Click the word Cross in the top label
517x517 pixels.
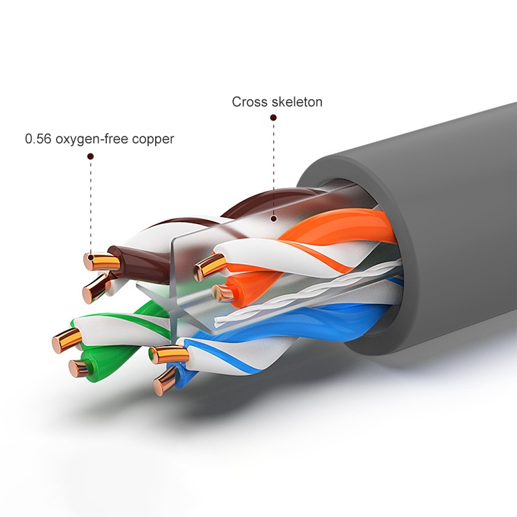click(x=249, y=102)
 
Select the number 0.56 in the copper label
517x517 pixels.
click(x=38, y=139)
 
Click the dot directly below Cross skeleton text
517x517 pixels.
click(x=274, y=117)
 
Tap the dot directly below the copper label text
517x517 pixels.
click(x=90, y=156)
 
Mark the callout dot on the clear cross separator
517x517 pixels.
click(x=274, y=219)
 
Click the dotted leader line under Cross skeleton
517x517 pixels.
click(x=274, y=168)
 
